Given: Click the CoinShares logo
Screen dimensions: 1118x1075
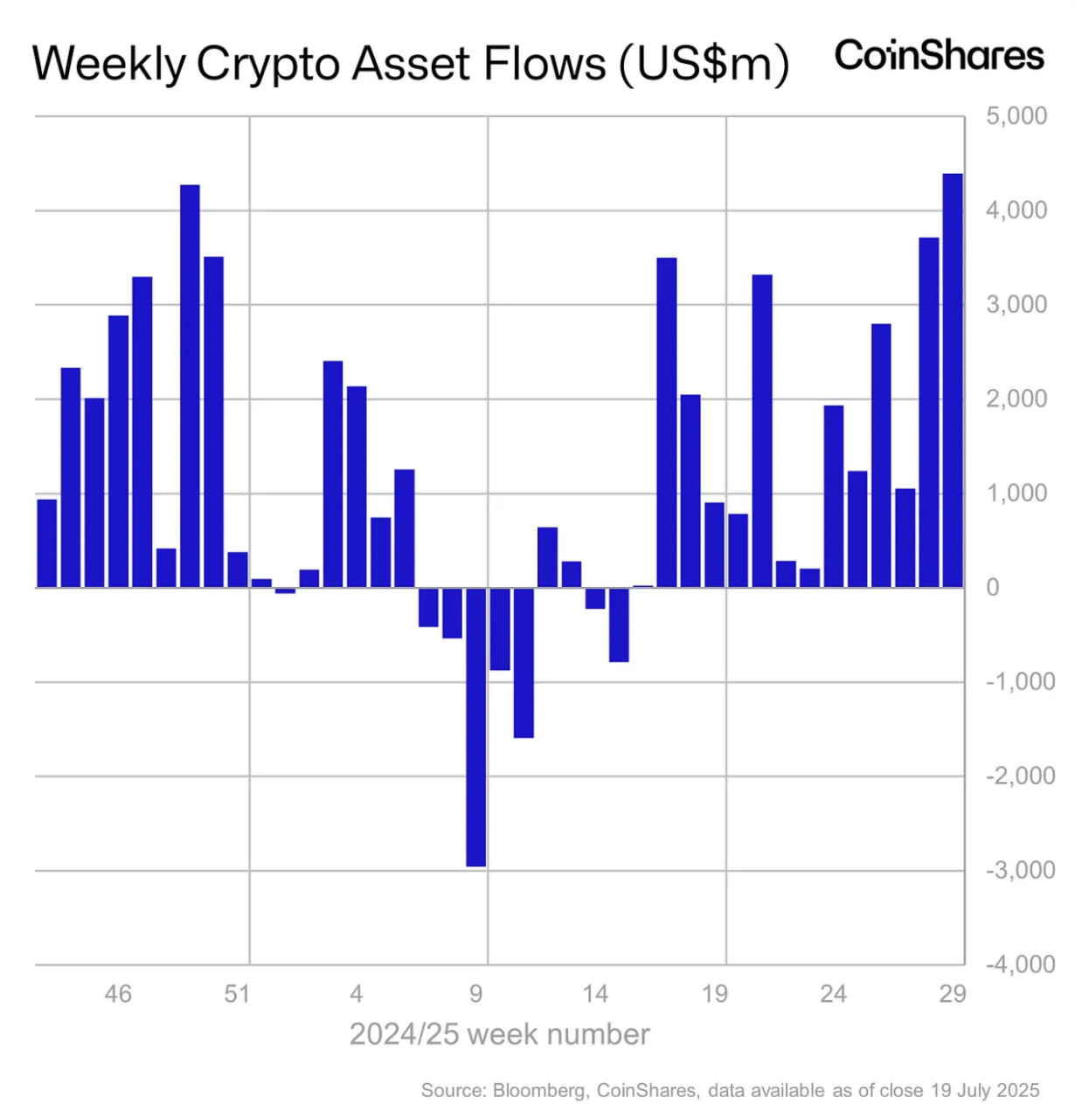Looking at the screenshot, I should click(939, 56).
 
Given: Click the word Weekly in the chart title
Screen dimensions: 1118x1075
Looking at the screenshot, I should click(109, 64).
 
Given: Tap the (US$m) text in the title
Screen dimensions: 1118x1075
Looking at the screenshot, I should click(704, 64).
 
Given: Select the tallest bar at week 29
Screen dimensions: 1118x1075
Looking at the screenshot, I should click(953, 380).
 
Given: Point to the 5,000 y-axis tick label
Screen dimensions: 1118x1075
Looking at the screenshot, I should click(1016, 116).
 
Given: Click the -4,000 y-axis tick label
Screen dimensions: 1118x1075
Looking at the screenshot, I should click(1020, 964).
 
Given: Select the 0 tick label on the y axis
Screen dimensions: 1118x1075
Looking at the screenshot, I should click(993, 588).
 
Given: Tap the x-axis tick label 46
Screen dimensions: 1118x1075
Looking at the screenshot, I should click(118, 994).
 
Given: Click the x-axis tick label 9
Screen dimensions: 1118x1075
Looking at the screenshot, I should click(476, 994).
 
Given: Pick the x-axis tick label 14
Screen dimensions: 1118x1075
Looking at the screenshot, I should click(595, 994).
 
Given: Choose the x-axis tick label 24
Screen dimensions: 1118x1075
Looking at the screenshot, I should click(833, 994).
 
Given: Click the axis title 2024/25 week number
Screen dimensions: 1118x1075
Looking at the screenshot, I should click(500, 1034).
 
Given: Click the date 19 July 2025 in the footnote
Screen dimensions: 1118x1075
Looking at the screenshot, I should click(985, 1091).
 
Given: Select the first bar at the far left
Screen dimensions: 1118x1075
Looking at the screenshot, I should click(47, 543).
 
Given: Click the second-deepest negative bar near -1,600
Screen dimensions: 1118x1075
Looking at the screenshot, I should click(524, 663).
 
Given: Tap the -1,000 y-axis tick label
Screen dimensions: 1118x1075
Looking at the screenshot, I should click(1020, 682).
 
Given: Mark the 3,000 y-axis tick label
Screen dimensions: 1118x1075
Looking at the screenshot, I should click(1016, 305).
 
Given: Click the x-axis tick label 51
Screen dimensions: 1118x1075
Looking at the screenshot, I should click(237, 994).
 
